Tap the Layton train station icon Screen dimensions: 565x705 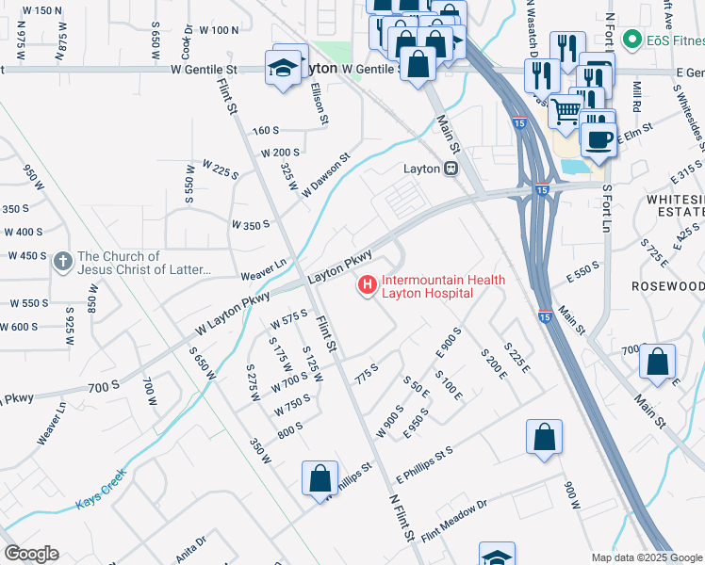point(451,169)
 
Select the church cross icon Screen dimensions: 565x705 point(63,261)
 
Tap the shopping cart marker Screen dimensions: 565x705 point(565,111)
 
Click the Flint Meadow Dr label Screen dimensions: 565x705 point(454,519)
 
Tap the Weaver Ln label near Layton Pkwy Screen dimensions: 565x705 point(263,269)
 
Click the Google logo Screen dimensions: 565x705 point(31,554)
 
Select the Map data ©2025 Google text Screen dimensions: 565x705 point(646,557)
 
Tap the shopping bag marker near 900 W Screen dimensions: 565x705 point(544,437)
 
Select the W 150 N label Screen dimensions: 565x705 point(41,10)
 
